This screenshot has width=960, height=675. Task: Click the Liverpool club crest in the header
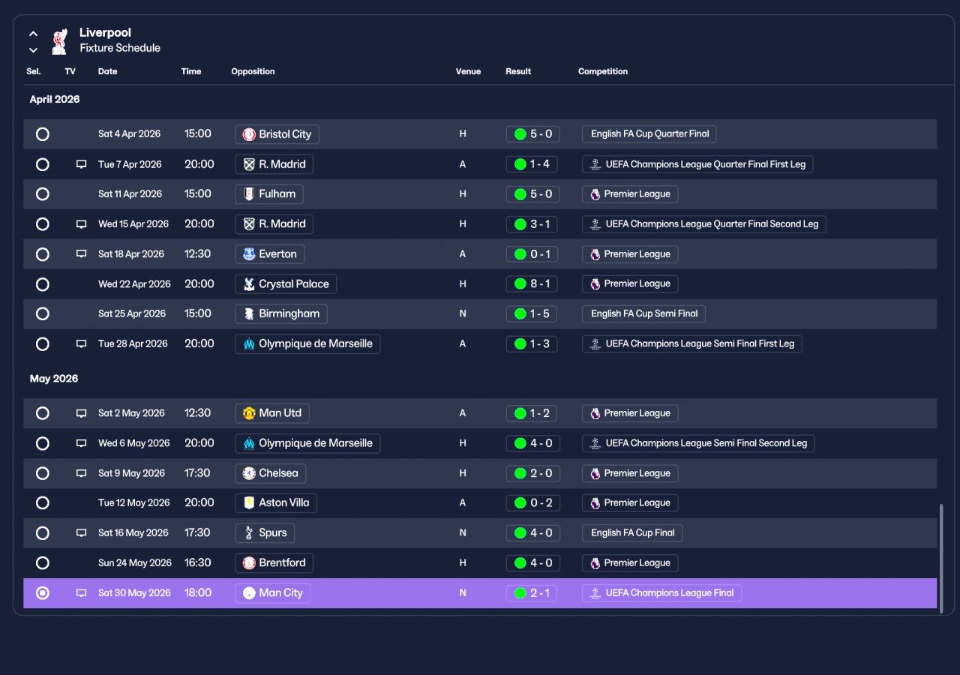tap(59, 41)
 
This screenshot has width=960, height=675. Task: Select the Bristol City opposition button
tap(277, 134)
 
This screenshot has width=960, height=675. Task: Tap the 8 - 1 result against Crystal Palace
tap(532, 283)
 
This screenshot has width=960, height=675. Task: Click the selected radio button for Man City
tap(43, 593)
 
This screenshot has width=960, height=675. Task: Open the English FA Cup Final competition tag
tap(632, 532)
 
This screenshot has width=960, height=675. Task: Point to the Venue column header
tap(468, 71)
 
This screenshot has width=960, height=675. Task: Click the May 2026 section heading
tap(54, 379)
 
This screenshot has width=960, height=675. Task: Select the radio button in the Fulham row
tap(43, 194)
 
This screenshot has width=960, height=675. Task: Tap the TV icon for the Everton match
tap(81, 253)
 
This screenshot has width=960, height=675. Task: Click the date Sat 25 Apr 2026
tap(131, 313)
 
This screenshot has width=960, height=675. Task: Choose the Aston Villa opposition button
tap(276, 502)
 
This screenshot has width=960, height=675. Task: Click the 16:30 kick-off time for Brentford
tap(197, 562)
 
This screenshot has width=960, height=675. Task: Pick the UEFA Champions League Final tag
tap(661, 593)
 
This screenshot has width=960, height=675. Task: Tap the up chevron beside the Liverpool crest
tap(33, 34)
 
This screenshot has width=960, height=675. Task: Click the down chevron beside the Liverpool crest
tap(33, 50)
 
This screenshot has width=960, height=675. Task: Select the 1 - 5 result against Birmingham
tap(532, 313)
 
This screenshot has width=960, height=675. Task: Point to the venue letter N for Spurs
tap(463, 532)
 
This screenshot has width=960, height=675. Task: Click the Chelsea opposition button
tap(271, 473)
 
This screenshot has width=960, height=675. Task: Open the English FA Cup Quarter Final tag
tap(649, 133)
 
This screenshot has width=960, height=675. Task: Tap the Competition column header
tap(602, 71)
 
